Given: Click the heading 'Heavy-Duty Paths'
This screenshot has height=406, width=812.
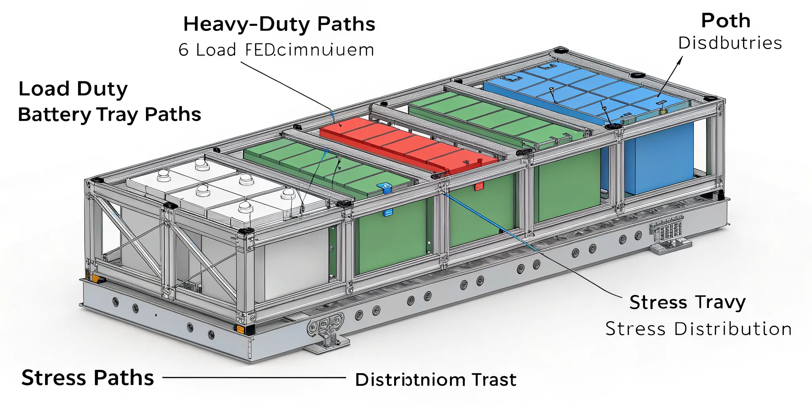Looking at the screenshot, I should click(x=279, y=25).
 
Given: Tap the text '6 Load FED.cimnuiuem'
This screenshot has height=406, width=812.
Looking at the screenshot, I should click(x=276, y=50).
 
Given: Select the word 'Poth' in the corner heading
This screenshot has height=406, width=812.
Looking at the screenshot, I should click(x=726, y=21).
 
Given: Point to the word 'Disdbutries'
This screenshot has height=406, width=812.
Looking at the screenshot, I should click(x=730, y=43).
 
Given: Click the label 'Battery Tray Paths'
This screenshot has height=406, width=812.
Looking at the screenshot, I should click(x=109, y=115).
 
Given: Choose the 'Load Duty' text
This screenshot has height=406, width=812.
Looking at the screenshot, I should click(x=73, y=89).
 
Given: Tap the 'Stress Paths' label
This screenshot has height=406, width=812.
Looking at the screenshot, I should click(x=88, y=377).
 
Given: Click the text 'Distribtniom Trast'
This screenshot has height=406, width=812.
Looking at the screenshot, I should click(x=436, y=380).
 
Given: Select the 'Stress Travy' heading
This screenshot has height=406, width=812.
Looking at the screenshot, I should click(x=688, y=303).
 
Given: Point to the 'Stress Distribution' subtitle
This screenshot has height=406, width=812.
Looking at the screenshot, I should click(x=699, y=329).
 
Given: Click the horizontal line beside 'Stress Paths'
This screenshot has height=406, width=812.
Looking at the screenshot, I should click(x=254, y=377).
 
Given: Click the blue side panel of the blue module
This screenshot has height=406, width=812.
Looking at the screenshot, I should click(x=658, y=159).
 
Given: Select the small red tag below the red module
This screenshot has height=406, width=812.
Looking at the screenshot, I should click(x=479, y=186).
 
